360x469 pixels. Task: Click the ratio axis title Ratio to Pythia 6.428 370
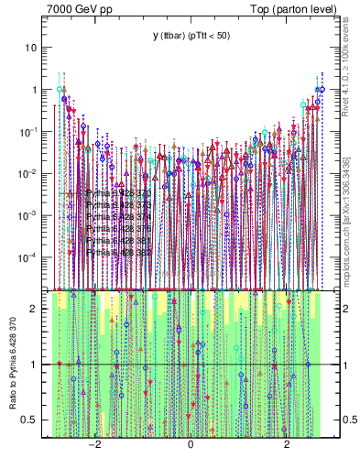[x=14, y=364]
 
